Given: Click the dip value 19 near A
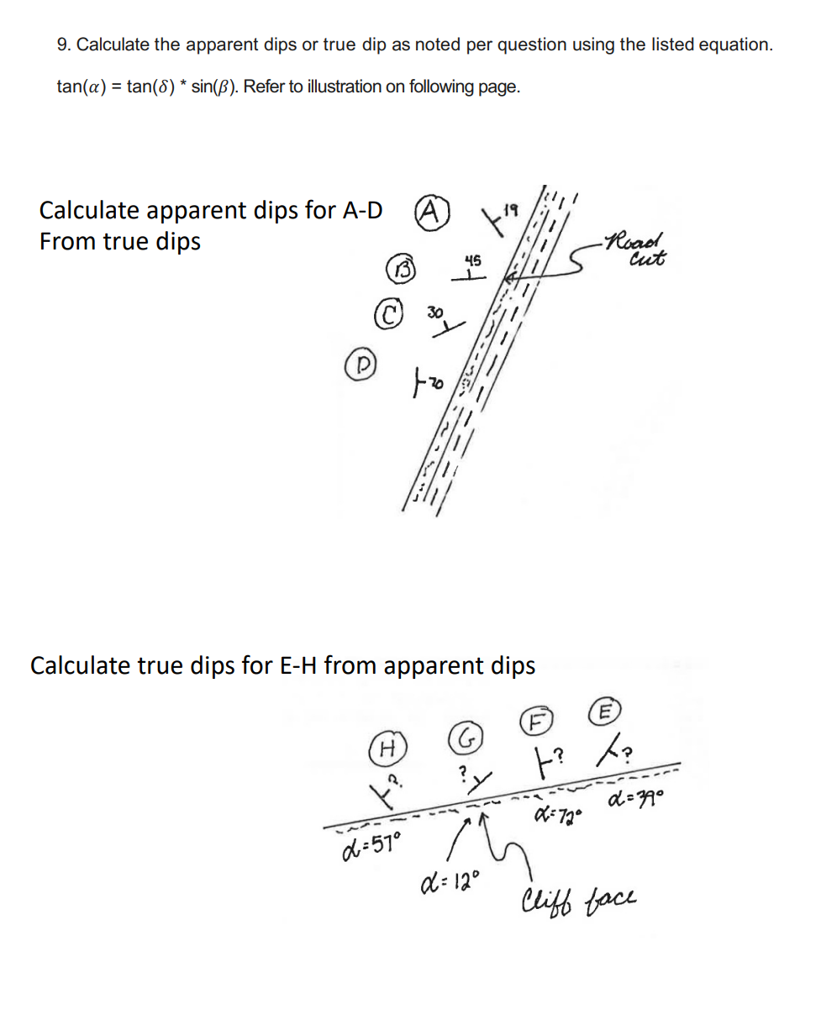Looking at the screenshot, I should tap(511, 205).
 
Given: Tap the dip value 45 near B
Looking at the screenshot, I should tap(472, 262).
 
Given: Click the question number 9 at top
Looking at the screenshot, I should tap(63, 45).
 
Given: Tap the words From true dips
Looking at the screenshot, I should tap(120, 242).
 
